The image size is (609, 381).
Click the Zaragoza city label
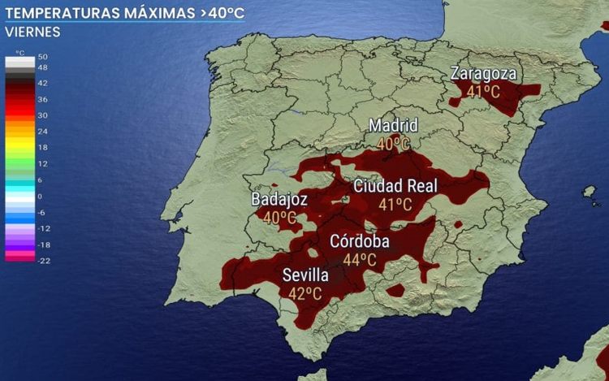(483, 74)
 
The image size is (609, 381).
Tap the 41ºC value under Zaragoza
(483, 92)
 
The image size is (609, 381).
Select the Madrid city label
(393, 126)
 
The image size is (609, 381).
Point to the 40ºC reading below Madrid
(393, 144)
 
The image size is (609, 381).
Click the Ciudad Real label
(395, 186)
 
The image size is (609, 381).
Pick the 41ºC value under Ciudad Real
(395, 205)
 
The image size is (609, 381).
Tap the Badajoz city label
(279, 199)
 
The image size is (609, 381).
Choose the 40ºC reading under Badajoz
(279, 218)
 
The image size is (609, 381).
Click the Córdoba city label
(359, 242)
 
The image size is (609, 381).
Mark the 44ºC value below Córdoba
(359, 260)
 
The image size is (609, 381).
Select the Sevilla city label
(305, 275)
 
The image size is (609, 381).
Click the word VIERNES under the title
(32, 32)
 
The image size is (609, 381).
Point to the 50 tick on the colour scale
(42, 57)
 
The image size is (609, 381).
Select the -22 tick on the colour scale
(43, 260)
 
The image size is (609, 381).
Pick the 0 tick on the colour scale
(40, 196)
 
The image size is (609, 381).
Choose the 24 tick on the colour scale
(42, 131)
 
